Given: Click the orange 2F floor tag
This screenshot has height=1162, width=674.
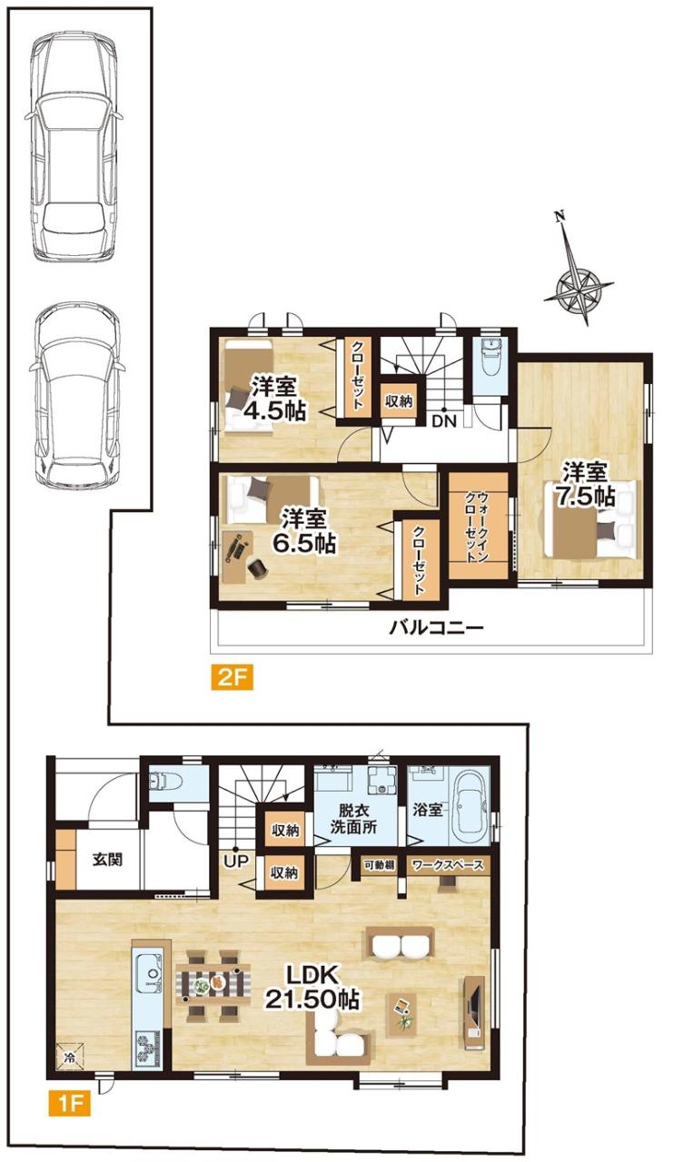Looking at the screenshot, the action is [233, 678].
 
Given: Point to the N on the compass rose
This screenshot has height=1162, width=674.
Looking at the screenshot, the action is [560, 219].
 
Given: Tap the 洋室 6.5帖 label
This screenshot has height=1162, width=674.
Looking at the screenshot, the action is [305, 530].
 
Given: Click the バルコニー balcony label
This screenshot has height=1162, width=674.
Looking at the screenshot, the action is [437, 629].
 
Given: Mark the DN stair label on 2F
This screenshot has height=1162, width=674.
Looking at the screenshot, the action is [444, 421].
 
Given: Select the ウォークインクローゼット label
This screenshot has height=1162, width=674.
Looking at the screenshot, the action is [476, 527].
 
